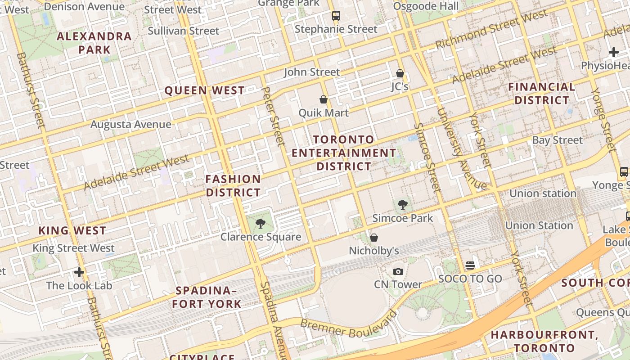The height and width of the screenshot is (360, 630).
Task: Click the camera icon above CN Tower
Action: click(398, 271)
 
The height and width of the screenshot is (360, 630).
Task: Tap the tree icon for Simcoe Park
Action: click(402, 205)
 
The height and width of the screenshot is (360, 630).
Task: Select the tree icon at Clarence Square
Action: click(260, 223)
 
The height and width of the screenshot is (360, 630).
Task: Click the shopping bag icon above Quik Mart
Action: click(323, 99)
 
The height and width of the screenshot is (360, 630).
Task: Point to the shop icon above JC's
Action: click(400, 73)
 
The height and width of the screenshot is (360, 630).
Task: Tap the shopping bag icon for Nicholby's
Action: click(373, 238)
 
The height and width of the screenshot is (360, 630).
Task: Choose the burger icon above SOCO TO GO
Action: click(470, 265)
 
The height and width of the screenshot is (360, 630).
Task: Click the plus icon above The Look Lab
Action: click(79, 272)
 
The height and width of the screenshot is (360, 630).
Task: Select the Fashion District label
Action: click(233, 186)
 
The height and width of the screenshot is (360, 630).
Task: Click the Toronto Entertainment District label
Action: click(344, 153)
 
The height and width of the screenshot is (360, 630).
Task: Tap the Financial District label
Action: click(542, 93)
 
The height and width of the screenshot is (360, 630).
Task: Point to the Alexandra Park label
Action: click(94, 43)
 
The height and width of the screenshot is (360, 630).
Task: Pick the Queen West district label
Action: click(205, 90)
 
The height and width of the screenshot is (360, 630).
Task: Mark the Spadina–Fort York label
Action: click(207, 297)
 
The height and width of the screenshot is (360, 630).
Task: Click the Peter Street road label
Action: click(273, 116)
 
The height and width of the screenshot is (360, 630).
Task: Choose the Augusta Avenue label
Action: click(131, 124)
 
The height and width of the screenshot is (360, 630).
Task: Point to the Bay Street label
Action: click(557, 140)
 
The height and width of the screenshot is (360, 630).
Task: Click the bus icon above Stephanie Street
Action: click(336, 16)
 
